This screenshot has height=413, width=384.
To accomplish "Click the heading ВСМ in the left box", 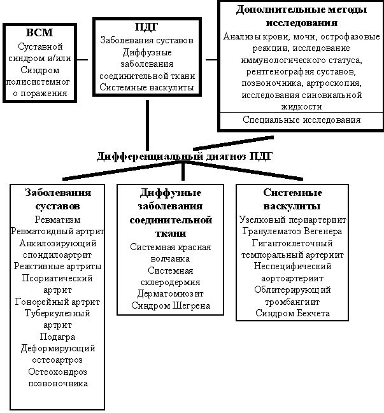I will [40, 33].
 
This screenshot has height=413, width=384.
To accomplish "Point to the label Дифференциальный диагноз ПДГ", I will [185, 157].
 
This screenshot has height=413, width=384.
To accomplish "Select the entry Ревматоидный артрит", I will [57, 231].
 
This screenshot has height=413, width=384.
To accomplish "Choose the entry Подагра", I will [57, 337].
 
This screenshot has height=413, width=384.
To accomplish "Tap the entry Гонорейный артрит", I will [57, 301].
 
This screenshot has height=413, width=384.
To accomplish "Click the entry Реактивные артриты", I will [57, 266].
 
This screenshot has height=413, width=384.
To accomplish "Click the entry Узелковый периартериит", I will [292, 220].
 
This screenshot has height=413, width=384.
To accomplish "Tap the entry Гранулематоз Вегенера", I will [292, 231].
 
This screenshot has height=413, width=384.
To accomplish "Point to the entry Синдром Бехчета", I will [292, 313].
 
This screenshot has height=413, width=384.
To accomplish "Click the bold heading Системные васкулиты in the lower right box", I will [292, 199].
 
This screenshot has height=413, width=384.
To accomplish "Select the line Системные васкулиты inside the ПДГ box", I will [147, 87].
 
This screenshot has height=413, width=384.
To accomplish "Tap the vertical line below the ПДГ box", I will [148, 122].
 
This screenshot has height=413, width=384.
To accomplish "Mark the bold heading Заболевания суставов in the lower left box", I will [57, 199].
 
